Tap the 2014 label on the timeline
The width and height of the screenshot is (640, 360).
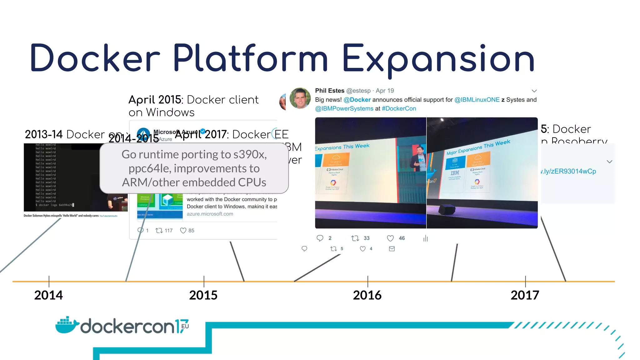coord(48,295)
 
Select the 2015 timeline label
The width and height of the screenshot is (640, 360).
coord(203,295)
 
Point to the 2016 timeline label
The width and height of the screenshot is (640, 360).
coord(367,295)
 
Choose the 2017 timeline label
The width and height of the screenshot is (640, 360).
coord(525,295)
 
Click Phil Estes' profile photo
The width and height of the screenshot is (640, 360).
coord(300,98)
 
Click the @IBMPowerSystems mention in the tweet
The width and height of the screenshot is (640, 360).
coord(344,108)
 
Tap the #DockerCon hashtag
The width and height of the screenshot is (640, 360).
coord(399,108)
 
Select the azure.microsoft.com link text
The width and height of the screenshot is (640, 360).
coord(210,214)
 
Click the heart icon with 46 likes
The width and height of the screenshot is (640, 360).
coord(390,238)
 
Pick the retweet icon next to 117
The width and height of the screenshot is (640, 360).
coord(159,231)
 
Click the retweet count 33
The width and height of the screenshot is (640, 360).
coord(367,238)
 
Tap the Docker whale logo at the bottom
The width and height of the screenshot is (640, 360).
coord(67,325)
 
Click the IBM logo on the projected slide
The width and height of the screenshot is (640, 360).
coord(455,173)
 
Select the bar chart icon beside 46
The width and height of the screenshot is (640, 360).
coord(425,238)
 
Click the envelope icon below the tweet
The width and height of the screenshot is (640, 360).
coord(392,249)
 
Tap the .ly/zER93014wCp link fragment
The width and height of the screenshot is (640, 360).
coord(568,171)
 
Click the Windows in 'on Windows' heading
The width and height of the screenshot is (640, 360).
coord(170,112)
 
